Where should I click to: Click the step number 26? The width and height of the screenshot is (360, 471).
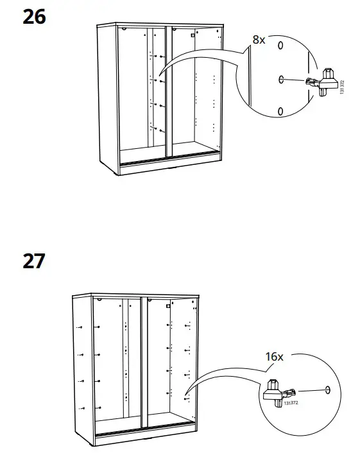[x=34, y=17]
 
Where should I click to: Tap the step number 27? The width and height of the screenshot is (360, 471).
[x=34, y=262]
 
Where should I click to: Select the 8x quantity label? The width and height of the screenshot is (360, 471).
[x=258, y=40]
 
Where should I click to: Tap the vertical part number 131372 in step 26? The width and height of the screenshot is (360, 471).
[x=342, y=88]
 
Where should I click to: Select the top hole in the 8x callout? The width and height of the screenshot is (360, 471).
[x=280, y=46]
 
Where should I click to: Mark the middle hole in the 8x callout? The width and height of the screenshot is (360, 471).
[x=280, y=79]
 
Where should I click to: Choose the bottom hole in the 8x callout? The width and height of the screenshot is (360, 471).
[x=280, y=112]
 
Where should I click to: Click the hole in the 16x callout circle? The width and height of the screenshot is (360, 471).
[x=328, y=390]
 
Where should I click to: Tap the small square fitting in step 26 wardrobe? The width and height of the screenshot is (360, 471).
[x=193, y=37]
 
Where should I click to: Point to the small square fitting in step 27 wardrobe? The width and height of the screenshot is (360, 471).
[x=167, y=307]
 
